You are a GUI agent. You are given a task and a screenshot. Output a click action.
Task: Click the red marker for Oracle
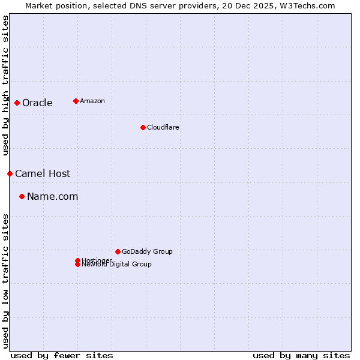[17, 103]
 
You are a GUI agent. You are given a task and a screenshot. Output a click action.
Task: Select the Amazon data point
[76, 101]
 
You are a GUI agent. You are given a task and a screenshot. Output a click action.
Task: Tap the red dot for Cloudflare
[143, 127]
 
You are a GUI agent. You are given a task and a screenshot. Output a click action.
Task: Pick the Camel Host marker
[10, 173]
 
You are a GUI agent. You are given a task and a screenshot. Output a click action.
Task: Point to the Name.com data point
[22, 196]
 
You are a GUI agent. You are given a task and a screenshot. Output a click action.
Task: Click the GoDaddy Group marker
[118, 251]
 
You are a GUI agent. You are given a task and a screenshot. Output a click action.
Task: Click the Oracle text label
[37, 103]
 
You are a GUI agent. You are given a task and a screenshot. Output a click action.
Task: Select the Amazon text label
[92, 101]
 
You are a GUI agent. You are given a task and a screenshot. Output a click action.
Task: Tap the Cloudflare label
[163, 127]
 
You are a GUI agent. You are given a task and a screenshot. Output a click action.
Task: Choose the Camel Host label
[43, 173]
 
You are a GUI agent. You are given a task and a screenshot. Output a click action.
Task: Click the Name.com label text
[52, 196]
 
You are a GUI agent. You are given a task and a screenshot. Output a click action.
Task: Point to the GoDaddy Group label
[147, 251]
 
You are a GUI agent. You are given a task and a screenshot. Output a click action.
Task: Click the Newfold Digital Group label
[117, 265]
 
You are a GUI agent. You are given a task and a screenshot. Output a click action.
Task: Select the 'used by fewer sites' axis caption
[62, 355]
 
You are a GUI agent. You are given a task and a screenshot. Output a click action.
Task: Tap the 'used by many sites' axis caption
[301, 355]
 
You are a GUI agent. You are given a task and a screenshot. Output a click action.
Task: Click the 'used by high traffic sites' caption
[6, 85]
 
